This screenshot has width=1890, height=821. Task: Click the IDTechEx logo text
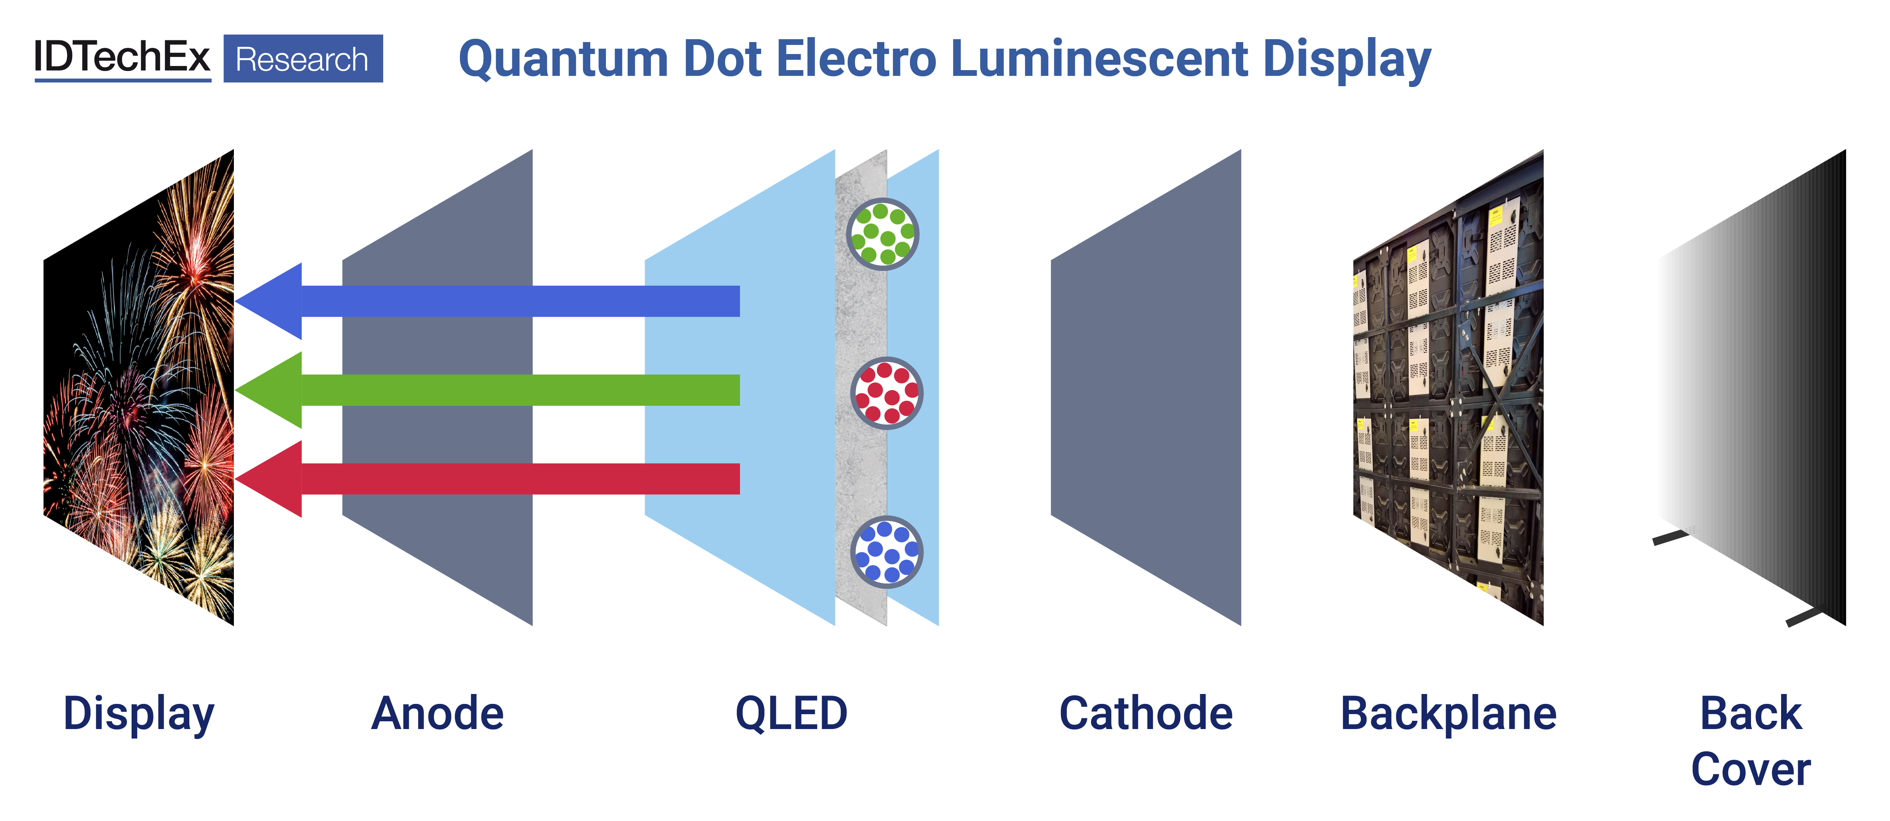point(122,57)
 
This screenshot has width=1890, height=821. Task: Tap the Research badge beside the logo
point(302,59)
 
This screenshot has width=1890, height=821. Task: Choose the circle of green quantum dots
point(883,234)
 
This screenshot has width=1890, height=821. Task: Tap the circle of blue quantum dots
point(886,552)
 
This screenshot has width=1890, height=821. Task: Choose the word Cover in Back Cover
point(1751,769)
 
